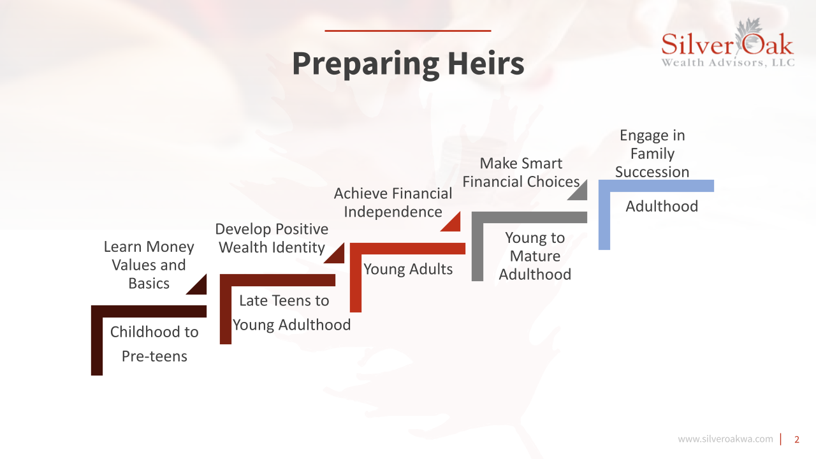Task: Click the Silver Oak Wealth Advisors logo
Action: click(728, 44)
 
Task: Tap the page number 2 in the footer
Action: click(797, 439)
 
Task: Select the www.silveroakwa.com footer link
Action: click(725, 439)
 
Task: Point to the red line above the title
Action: click(407, 31)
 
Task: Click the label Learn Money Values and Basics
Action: click(149, 265)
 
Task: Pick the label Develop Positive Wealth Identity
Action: click(272, 238)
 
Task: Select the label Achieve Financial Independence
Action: click(393, 203)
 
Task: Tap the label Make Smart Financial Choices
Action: click(521, 172)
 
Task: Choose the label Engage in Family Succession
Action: click(652, 154)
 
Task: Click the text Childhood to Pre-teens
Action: click(154, 344)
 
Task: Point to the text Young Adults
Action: click(408, 269)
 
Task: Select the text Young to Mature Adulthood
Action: click(535, 256)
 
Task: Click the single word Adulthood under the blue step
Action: click(662, 206)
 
